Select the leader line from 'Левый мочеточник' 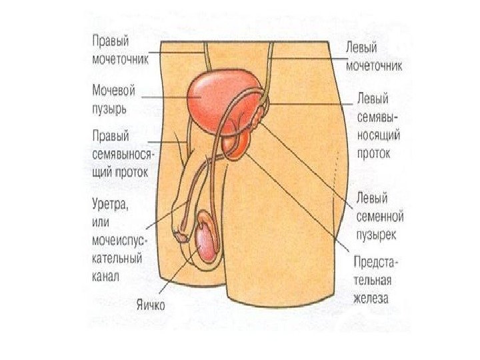click(x=307, y=59)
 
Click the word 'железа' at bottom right click(x=371, y=298)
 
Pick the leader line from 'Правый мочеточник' click(x=177, y=51)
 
